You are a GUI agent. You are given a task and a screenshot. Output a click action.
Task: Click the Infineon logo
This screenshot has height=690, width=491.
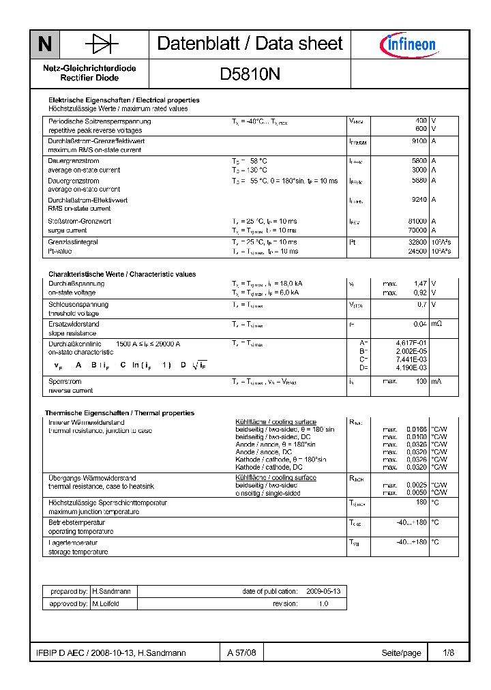click(408, 45)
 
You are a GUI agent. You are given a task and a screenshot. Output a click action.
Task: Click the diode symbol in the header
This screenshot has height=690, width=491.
click(102, 44)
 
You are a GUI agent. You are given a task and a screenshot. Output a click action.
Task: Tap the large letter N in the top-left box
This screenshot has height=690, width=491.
click(45, 45)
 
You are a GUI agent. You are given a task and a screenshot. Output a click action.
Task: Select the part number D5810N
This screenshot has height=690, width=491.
click(250, 75)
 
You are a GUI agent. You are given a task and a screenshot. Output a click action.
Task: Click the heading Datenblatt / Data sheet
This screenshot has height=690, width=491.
click(250, 44)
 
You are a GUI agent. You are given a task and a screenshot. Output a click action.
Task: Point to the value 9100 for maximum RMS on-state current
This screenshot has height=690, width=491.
click(419, 141)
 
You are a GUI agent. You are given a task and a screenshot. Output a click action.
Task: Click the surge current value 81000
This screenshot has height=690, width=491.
click(417, 222)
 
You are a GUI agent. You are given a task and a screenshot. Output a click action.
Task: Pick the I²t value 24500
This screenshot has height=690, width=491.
click(417, 251)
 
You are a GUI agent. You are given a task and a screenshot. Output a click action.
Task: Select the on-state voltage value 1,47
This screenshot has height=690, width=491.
click(420, 283)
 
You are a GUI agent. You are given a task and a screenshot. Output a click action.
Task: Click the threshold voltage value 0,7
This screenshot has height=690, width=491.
click(422, 305)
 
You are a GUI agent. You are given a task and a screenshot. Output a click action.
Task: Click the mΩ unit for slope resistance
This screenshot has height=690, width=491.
click(436, 324)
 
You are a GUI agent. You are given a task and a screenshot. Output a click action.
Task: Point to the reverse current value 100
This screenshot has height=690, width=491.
click(421, 382)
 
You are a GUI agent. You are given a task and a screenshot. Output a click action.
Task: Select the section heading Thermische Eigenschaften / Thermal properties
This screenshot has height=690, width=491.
click(119, 413)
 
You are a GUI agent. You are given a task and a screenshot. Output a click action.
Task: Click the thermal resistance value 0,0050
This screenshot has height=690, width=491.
click(417, 492)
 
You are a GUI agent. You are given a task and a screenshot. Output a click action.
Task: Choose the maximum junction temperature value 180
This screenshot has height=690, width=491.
click(421, 502)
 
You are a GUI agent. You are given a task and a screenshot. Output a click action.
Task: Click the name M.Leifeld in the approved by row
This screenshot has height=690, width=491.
click(106, 604)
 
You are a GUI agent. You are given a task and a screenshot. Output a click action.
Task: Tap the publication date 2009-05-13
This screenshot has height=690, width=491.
click(323, 591)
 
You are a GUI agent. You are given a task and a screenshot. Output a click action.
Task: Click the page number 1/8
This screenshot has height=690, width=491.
click(448, 653)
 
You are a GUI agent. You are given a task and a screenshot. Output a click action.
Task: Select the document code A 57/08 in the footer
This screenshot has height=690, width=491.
click(242, 653)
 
